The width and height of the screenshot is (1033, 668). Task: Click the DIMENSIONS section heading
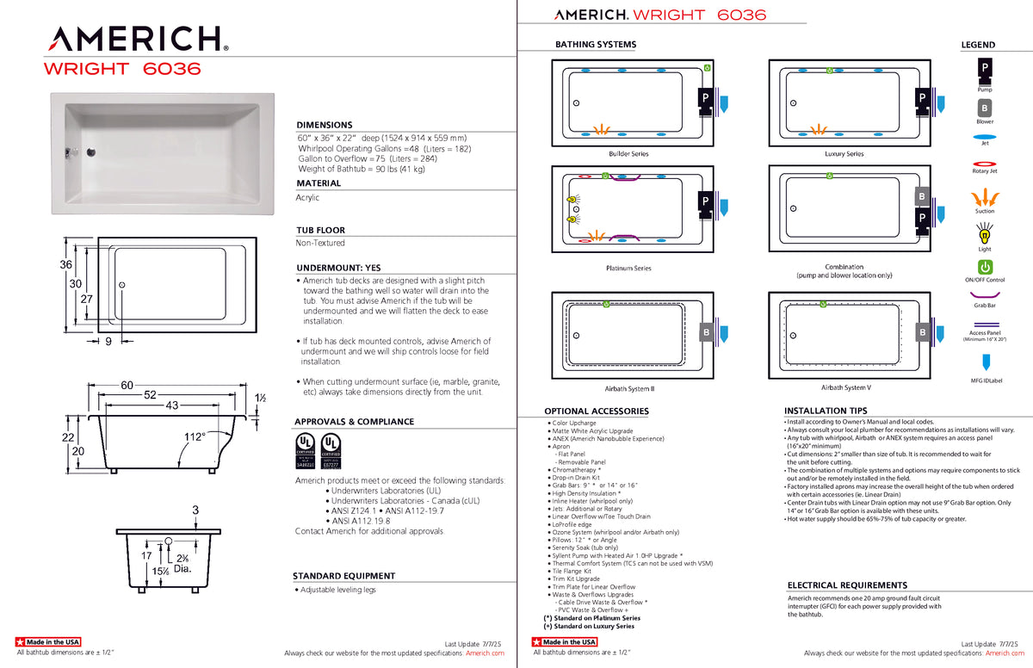coord(325,125)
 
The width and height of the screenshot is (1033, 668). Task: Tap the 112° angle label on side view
coord(195,437)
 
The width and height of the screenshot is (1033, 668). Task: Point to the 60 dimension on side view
coord(127,386)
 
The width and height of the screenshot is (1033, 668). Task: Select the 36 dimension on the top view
coord(65,264)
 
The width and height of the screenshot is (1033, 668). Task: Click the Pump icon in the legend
coord(984,67)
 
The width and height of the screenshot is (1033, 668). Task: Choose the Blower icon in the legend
coord(984,108)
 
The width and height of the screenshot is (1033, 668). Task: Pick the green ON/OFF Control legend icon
coord(985,268)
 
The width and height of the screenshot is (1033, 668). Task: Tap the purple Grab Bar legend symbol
coord(984,295)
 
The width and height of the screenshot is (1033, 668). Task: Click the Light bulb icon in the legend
coord(984,233)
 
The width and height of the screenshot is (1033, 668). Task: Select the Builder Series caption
coord(628,154)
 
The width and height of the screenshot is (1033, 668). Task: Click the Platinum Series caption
coord(628,269)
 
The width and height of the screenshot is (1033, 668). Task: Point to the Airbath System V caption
coord(845,388)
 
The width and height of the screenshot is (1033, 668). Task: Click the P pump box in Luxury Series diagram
coord(921,98)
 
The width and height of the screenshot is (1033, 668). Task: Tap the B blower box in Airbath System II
coord(706,332)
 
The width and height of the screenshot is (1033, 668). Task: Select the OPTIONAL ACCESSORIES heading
coord(597,411)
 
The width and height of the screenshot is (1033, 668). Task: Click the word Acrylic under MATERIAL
coord(307,198)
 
